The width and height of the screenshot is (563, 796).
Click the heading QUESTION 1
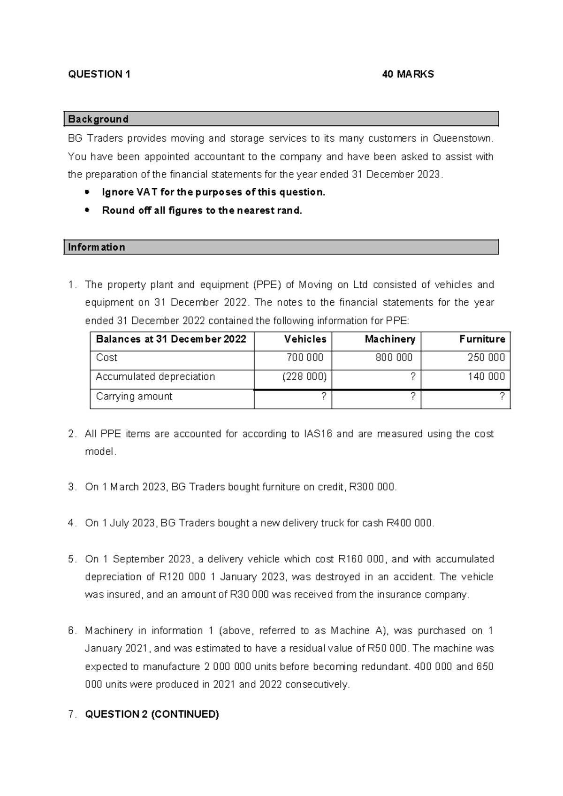(x=99, y=74)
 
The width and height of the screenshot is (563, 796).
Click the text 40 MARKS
(x=408, y=74)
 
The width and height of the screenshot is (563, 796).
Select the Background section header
(x=98, y=119)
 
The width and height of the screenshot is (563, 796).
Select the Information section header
(x=96, y=247)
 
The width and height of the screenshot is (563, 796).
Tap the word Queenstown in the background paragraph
(x=463, y=138)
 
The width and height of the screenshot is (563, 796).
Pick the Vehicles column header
(x=305, y=339)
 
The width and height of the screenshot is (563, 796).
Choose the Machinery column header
(x=390, y=339)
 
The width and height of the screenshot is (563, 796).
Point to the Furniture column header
(x=482, y=339)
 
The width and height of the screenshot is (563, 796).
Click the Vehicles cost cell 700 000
(x=305, y=358)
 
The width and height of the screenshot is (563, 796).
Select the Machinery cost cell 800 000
(x=394, y=358)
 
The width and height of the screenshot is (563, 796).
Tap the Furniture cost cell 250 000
(x=486, y=358)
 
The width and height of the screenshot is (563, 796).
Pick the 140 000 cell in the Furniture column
(x=486, y=377)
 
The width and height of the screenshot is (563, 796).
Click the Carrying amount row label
(x=134, y=397)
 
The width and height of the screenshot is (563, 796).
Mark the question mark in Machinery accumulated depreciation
(x=412, y=377)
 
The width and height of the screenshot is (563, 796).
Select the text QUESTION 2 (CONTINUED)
(x=152, y=714)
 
